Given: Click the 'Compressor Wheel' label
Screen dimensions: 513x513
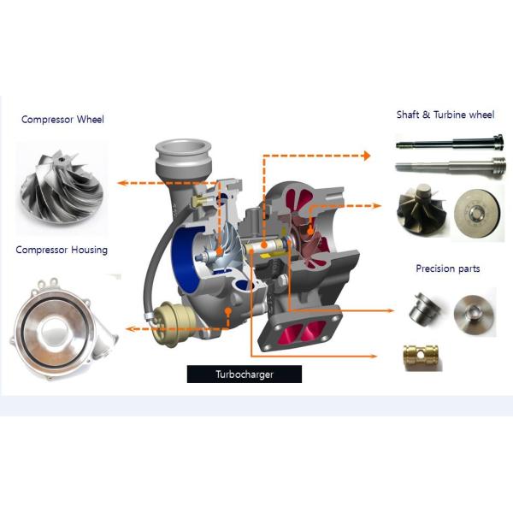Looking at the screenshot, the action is click(x=62, y=120).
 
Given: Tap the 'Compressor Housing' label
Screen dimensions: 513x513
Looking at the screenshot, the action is click(x=62, y=250).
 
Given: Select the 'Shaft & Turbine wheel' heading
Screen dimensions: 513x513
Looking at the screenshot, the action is click(x=445, y=115).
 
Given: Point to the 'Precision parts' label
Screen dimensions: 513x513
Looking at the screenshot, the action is click(x=447, y=268).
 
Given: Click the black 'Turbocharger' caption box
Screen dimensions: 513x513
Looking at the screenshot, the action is click(x=245, y=374).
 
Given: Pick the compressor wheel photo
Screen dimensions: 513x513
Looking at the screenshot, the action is click(x=62, y=186).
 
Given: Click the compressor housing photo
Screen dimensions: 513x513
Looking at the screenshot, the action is click(x=64, y=328).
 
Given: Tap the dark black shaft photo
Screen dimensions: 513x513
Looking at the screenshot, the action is click(x=450, y=142).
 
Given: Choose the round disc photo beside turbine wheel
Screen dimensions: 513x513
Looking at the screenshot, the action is click(x=477, y=212).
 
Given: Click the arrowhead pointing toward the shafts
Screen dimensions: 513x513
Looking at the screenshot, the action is click(x=367, y=156).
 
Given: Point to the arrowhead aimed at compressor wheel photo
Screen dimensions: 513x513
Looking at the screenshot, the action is click(x=121, y=183).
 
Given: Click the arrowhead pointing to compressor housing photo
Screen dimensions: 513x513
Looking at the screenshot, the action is click(x=130, y=328).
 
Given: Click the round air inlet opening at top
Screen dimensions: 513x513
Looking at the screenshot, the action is click(x=183, y=148).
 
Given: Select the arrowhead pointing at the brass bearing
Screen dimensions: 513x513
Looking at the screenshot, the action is click(x=374, y=356).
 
